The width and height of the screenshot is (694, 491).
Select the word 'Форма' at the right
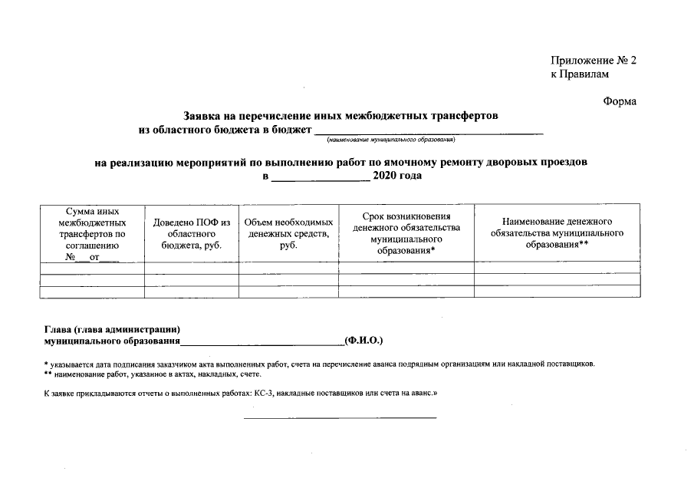click(x=619, y=102)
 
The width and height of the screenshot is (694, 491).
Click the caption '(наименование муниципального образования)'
click(x=390, y=140)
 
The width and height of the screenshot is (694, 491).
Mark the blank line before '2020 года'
click(x=321, y=178)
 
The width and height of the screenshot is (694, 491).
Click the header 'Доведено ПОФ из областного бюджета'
click(x=192, y=233)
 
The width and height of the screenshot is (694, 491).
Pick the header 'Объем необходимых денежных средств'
click(x=288, y=233)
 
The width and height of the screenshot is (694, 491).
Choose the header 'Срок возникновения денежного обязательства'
click(x=406, y=233)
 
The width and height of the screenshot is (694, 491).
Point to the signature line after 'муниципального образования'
click(x=262, y=342)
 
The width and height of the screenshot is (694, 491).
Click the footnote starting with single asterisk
click(x=319, y=364)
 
